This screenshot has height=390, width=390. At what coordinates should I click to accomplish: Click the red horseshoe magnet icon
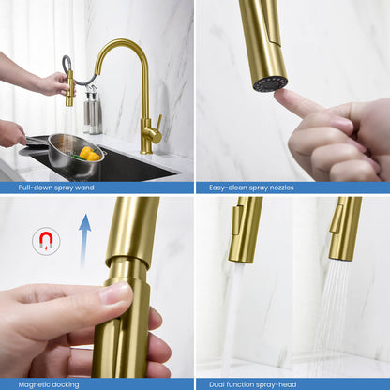coord(45,242)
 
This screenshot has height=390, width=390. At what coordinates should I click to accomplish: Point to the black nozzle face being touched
coord(269,83)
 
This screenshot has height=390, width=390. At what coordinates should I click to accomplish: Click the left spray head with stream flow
coord(245,229)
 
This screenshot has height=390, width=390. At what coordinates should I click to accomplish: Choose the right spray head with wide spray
coord(344,229)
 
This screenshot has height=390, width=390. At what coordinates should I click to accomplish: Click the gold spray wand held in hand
coord(70,88)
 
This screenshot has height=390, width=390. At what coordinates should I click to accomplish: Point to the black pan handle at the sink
coord(30,141)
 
